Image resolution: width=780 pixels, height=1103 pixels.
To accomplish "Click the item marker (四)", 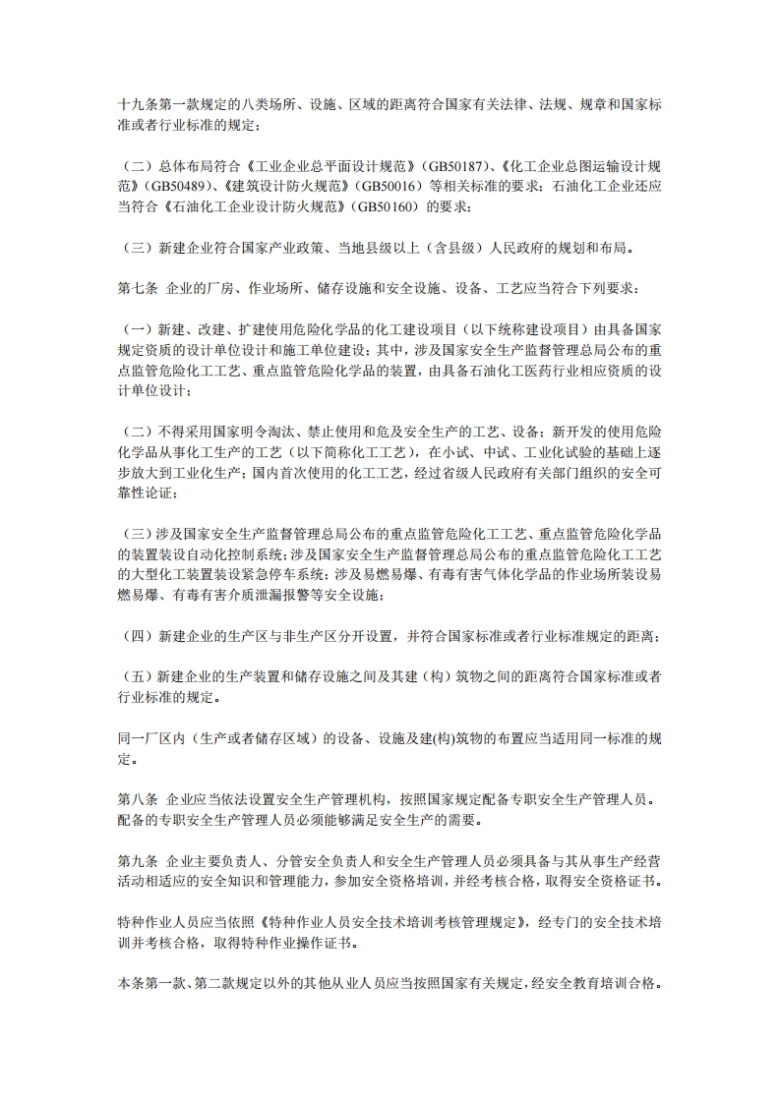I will (133, 636).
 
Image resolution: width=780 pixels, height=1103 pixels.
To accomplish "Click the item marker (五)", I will (133, 677).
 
